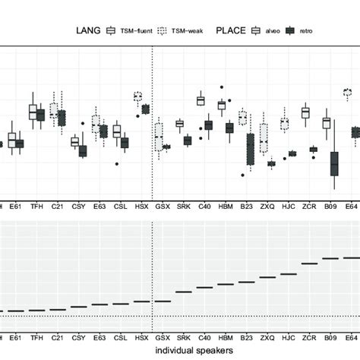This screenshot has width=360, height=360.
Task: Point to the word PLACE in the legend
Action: [232, 31]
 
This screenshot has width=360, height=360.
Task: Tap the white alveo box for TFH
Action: [33, 112]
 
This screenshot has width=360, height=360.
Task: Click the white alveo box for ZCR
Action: [305, 112]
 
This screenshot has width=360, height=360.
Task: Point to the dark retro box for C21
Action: [62, 118]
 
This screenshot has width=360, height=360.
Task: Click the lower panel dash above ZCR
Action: [309, 264]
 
